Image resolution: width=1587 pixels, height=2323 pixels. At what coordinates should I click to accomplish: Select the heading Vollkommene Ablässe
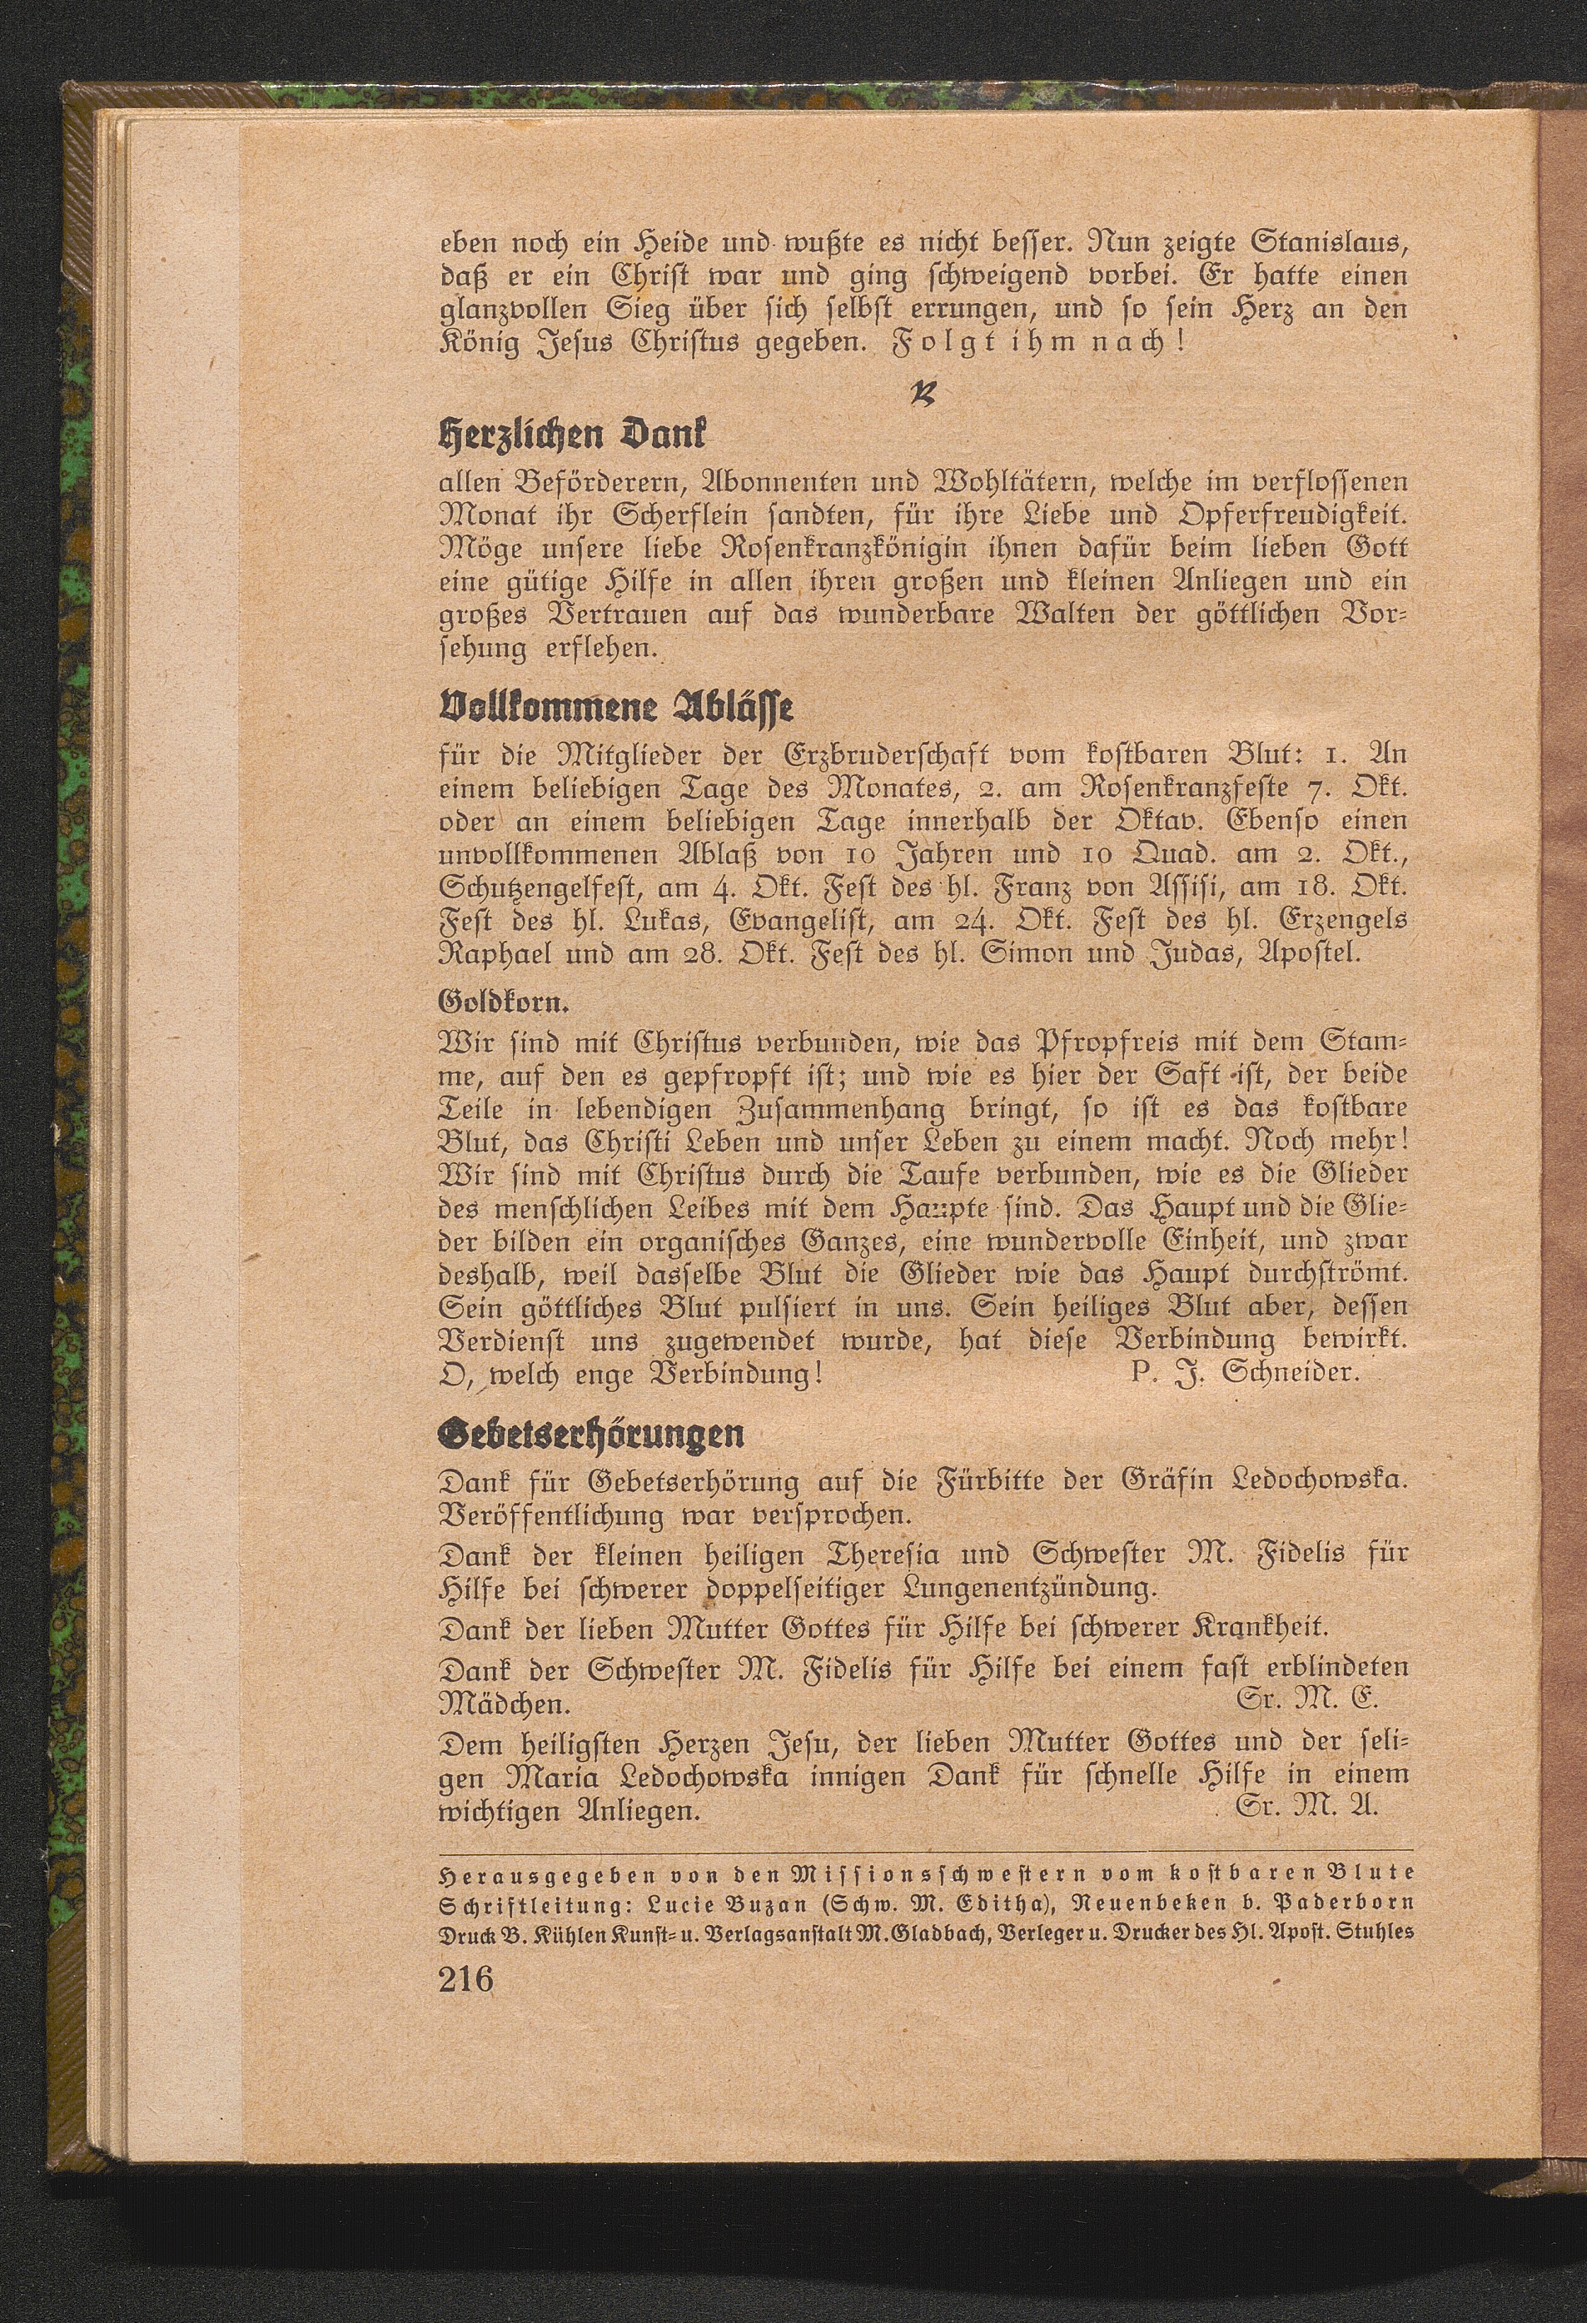[618, 709]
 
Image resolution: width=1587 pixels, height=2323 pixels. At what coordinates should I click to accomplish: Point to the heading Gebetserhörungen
[592, 1435]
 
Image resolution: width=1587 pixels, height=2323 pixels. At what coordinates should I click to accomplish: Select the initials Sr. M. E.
[1306, 1699]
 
